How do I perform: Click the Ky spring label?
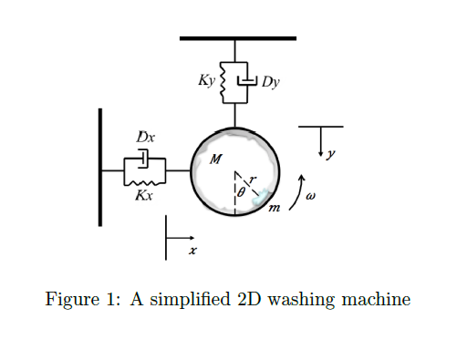coord(205,81)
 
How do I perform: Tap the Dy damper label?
coord(270,82)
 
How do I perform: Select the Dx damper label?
coord(145,139)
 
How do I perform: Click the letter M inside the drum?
coord(215,159)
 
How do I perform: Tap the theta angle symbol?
coord(240,193)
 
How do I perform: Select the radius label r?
coord(254,180)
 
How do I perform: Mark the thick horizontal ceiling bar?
coord(238,38)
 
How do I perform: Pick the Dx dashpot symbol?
coord(145,159)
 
